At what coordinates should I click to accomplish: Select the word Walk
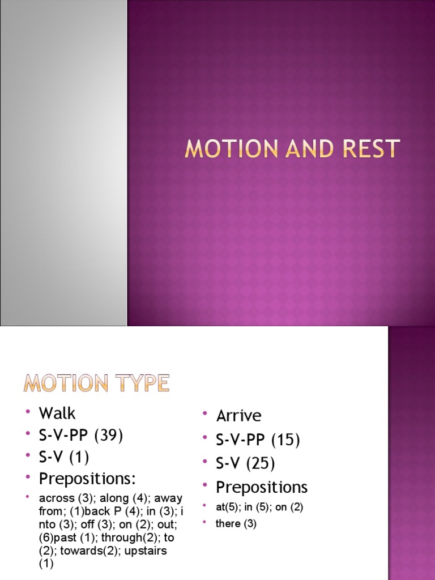[57, 413]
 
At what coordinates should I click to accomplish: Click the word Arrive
[238, 416]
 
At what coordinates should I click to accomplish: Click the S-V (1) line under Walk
[63, 457]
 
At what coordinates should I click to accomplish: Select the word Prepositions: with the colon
[87, 479]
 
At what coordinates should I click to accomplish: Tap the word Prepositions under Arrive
[262, 487]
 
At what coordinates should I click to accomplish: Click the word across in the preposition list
[56, 498]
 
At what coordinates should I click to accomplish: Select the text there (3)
[236, 524]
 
